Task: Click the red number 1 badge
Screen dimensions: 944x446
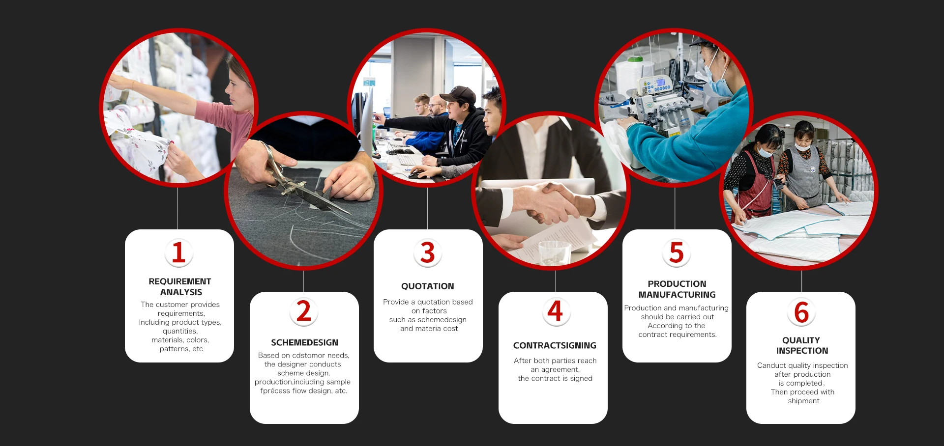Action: [178, 253]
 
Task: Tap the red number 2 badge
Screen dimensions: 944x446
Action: [304, 312]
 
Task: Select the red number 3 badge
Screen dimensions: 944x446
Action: [428, 253]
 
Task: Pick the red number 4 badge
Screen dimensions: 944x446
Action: [556, 311]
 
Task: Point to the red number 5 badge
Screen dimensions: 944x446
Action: [677, 253]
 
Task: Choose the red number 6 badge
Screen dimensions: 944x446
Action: [801, 312]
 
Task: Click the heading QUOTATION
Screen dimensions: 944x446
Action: [428, 286]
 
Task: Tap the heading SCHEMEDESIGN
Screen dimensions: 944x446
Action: [305, 342]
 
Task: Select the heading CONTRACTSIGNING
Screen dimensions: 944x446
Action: [555, 345]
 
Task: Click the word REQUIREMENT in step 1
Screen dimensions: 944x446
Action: [180, 281]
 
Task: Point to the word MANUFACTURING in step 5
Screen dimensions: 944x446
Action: [677, 295]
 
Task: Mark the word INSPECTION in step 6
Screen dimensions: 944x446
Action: [802, 351]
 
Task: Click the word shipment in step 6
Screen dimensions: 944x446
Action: [803, 401]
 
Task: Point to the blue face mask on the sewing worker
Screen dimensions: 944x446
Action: [715, 84]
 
